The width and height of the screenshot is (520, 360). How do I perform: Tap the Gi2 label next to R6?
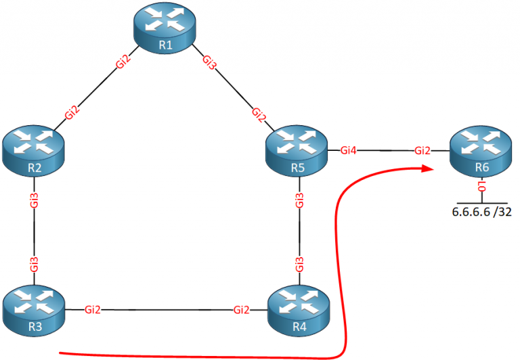click(x=422, y=150)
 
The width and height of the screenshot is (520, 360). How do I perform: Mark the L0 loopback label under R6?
click(x=482, y=186)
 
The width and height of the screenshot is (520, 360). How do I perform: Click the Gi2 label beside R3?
click(x=93, y=309)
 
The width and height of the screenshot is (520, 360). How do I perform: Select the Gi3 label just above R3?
click(x=34, y=264)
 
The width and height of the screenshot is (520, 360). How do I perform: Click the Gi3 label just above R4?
click(x=299, y=264)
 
